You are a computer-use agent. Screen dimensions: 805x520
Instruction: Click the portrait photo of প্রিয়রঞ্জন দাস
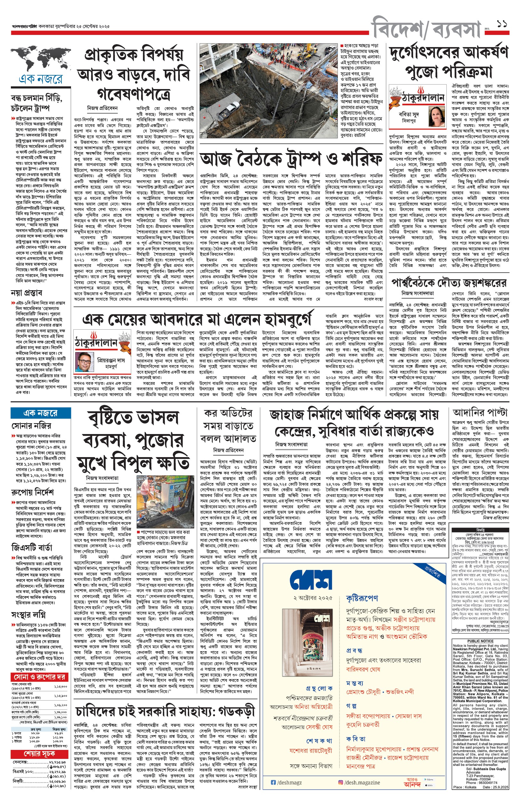coord(85,362)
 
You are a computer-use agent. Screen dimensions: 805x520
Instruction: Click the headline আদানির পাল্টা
coord(480,413)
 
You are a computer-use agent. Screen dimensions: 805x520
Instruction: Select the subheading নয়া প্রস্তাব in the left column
coord(26,293)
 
